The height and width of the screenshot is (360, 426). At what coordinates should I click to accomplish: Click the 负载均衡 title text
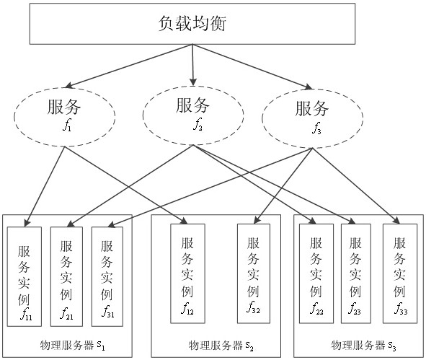pyautogui.click(x=192, y=23)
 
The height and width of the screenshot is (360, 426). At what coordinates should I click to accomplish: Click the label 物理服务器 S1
pyautogui.click(x=72, y=346)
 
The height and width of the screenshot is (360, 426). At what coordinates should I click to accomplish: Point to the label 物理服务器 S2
pyautogui.click(x=221, y=346)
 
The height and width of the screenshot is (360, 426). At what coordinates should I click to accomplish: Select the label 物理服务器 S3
pyautogui.click(x=363, y=346)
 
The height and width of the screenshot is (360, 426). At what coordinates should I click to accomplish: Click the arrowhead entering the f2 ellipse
pyautogui.click(x=193, y=82)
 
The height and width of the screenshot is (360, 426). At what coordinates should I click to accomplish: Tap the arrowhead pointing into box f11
pyautogui.click(x=27, y=223)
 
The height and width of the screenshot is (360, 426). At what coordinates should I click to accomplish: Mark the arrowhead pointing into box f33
pyautogui.click(x=396, y=221)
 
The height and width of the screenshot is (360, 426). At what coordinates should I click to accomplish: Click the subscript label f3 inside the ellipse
pyautogui.click(x=316, y=128)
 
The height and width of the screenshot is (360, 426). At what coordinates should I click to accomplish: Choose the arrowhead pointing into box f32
pyautogui.click(x=257, y=220)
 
